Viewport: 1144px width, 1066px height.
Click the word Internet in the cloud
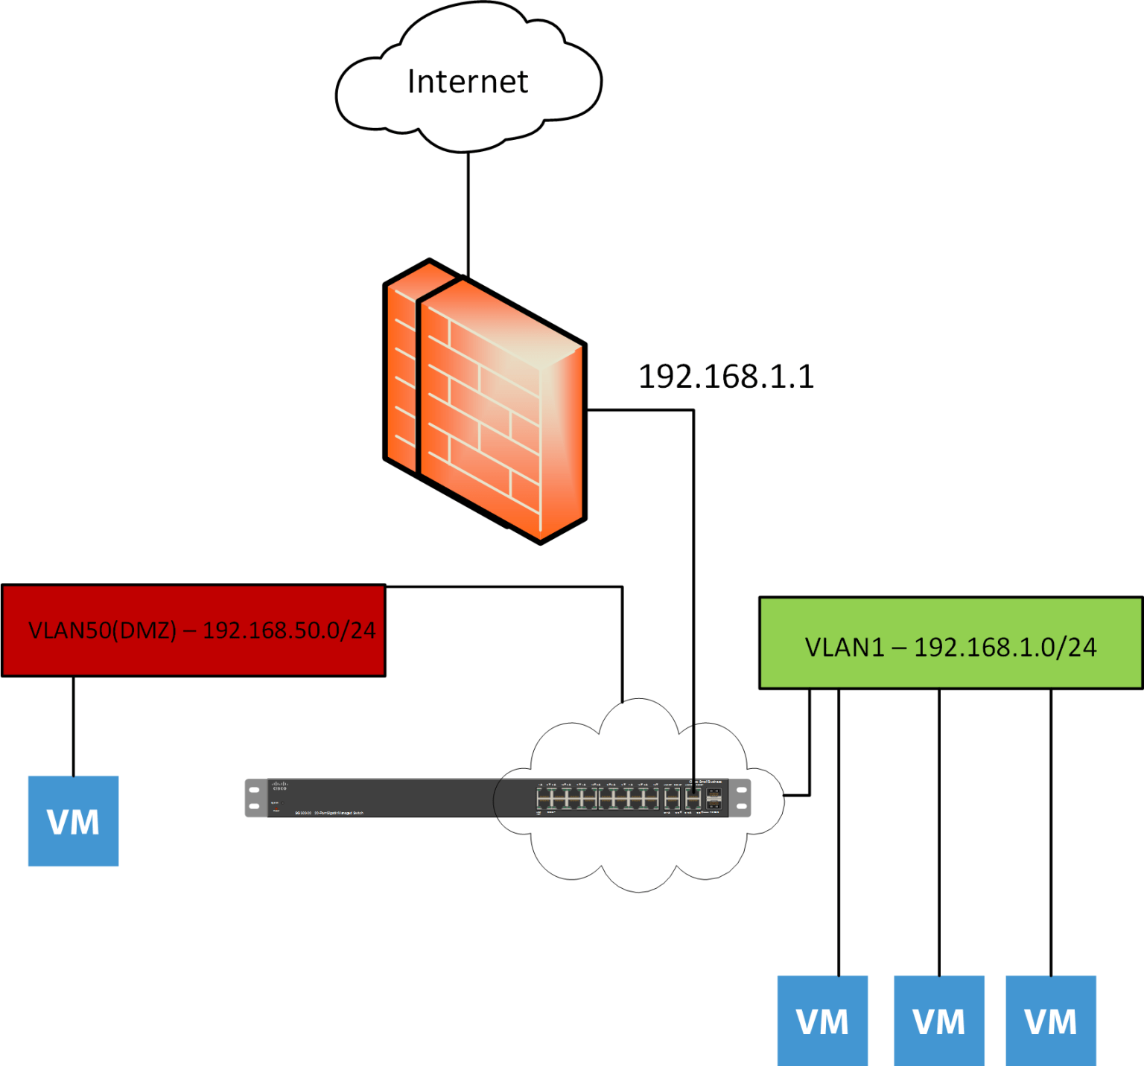tap(468, 82)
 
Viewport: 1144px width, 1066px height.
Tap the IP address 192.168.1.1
tap(726, 377)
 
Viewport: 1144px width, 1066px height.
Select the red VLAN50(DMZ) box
tap(194, 631)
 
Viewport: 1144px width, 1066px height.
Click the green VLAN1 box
tap(950, 643)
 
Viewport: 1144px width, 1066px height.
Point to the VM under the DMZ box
tap(73, 821)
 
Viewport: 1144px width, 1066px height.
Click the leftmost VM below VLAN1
tap(822, 1021)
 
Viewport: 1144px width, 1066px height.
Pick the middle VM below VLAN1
tap(938, 1021)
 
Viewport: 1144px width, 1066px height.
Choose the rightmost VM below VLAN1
tap(1050, 1021)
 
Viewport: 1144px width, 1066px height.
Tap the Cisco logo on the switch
tap(279, 786)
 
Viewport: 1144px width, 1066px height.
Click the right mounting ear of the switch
tap(741, 798)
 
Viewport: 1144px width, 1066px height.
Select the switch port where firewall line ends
tap(693, 800)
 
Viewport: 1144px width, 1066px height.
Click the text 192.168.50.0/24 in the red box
tap(289, 631)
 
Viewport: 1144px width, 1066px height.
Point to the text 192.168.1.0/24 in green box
tap(1005, 648)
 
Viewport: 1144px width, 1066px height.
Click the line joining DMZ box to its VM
tap(73, 726)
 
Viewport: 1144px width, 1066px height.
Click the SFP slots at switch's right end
tap(714, 799)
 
